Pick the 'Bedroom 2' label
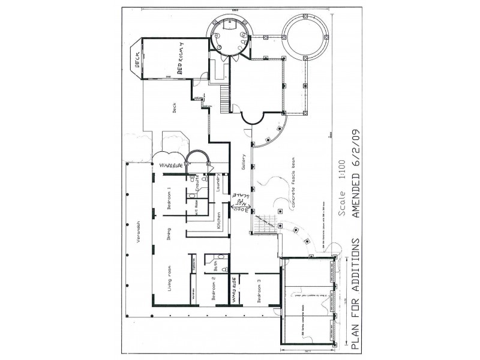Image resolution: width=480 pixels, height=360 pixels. [214, 287]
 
